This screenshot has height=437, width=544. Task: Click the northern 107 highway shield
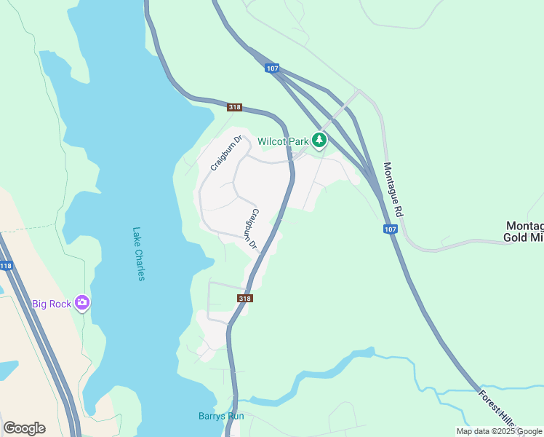tap(271, 68)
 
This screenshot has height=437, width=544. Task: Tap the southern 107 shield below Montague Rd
tap(390, 229)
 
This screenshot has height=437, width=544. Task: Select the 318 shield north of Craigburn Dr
tap(234, 107)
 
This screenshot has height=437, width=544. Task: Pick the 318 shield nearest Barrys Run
tap(245, 298)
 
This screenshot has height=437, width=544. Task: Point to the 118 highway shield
tap(6, 267)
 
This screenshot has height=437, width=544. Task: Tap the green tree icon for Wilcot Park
tap(319, 140)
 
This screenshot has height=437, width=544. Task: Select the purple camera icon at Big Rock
tap(82, 303)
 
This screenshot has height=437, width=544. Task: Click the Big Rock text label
tap(51, 304)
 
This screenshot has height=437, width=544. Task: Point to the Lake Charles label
tap(139, 253)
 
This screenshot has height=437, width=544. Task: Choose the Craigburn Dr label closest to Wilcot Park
tap(225, 153)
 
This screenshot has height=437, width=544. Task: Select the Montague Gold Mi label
tap(524, 232)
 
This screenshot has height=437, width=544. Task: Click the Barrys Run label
tap(221, 417)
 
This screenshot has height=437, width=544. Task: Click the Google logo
tap(24, 428)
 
